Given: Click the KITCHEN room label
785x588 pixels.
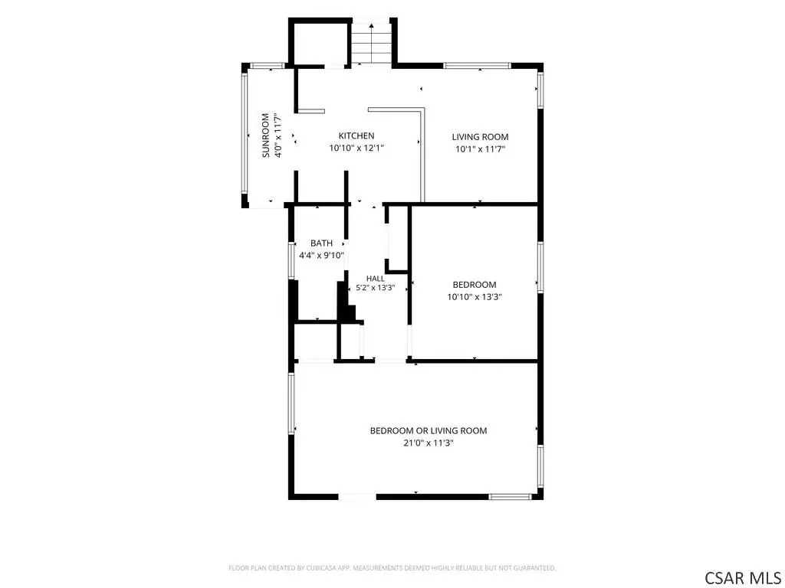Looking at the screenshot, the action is point(356,136).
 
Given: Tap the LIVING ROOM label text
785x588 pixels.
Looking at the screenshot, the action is point(480,136).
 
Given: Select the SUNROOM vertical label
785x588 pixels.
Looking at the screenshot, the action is point(265,136).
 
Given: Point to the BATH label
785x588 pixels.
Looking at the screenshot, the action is point(321,243).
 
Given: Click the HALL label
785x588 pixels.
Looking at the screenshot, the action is point(376,279).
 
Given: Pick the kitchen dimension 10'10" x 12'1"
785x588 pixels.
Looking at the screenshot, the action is point(356,148).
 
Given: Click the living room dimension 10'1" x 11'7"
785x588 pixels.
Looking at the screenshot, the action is point(480,149).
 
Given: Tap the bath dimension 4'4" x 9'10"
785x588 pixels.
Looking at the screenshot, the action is point(321,256).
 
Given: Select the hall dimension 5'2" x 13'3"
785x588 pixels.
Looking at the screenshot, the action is point(376,288).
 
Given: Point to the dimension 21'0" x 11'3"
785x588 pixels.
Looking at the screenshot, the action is point(429,443).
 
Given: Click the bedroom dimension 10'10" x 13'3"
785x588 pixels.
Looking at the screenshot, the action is point(475,297).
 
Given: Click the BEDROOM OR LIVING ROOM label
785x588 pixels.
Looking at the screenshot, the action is point(429,430).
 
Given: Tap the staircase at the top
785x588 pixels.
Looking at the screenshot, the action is point(371,41).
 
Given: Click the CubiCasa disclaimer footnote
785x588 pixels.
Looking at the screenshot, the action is point(392,568).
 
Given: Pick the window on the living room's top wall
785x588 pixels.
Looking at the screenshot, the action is point(477,65).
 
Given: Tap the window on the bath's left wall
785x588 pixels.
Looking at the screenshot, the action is point(291,260).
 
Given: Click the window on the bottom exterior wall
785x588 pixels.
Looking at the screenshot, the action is point(510,496).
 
